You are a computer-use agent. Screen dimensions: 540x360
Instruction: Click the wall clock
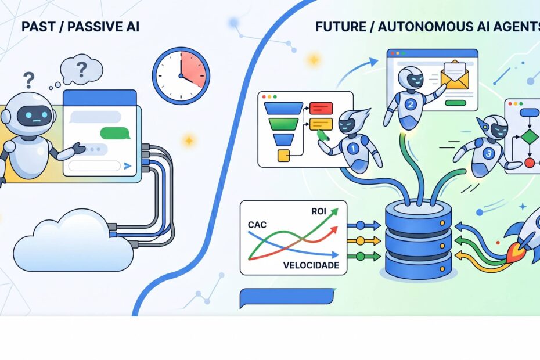[x=181, y=76]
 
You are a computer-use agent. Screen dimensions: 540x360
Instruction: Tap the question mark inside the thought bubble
[x=82, y=69]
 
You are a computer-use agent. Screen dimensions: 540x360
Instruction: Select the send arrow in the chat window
[x=127, y=166]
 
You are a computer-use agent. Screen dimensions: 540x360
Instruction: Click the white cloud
[x=73, y=240]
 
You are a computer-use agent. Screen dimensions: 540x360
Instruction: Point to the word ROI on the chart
[x=319, y=211]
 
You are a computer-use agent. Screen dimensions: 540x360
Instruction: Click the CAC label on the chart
[x=257, y=225]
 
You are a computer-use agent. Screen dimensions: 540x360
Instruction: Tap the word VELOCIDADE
[x=311, y=265]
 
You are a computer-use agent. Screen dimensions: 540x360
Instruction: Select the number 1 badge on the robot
[x=353, y=149]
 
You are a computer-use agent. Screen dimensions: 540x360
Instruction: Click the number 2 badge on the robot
[x=410, y=104]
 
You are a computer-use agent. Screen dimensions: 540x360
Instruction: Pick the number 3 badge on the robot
[x=488, y=153]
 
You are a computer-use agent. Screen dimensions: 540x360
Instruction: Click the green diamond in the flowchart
[x=530, y=137]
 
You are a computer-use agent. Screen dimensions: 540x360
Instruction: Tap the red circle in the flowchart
[x=530, y=163]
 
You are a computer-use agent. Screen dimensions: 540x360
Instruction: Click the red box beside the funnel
[x=321, y=108]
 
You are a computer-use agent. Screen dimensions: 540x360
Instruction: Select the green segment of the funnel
[x=283, y=124]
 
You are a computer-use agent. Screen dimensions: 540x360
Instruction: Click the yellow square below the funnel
[x=283, y=156]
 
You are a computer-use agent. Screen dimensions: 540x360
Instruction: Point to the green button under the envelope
[x=455, y=103]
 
